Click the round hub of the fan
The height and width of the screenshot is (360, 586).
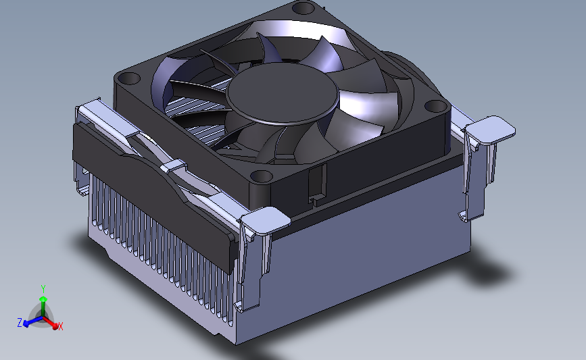pos(282,93)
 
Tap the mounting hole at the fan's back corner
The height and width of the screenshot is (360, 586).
pos(303,7)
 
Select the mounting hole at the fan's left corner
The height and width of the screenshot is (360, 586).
pos(128,79)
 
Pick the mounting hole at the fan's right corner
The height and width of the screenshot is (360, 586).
pos(436,106)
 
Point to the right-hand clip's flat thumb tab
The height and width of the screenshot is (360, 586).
pos(490,129)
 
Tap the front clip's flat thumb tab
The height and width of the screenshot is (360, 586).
pos(266,220)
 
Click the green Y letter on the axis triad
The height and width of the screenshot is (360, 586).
pos(43,289)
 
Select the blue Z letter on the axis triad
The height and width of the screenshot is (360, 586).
pos(20,323)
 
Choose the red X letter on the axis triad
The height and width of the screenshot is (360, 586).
pos(61,326)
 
